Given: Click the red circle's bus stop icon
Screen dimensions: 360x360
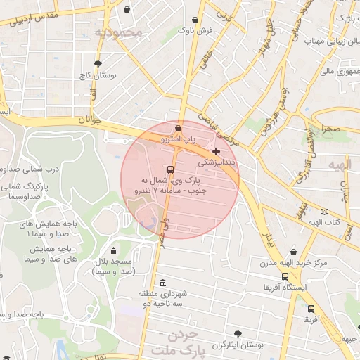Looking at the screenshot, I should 171,170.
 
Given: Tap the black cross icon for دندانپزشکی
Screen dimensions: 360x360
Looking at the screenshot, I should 216,151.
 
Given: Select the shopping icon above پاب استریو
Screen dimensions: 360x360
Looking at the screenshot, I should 178,129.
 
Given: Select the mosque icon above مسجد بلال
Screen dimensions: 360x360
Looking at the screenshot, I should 113,251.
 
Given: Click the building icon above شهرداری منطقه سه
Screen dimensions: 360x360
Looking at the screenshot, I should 163,282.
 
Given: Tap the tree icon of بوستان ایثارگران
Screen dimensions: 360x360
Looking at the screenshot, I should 236,334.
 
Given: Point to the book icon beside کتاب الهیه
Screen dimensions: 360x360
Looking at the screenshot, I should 324,211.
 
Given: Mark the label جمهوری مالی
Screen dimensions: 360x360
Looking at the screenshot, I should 337,71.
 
